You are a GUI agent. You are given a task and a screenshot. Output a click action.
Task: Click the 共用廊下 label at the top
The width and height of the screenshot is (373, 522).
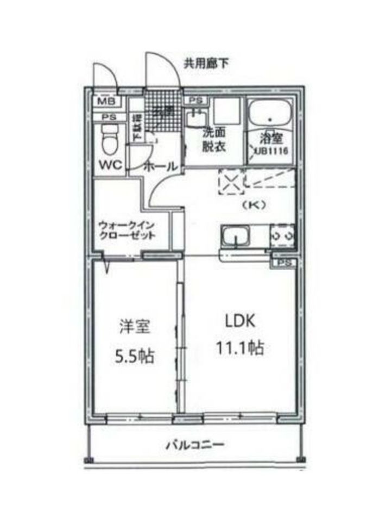coord(206,64)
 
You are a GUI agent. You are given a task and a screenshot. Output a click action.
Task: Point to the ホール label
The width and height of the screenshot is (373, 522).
coord(159,166)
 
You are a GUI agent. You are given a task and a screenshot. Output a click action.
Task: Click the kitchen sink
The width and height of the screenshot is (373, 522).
coord(235,238)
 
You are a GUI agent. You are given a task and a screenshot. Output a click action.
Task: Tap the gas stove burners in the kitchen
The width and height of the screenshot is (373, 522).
coord(283,236)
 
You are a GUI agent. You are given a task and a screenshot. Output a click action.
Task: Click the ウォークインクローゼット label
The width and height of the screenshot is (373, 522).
coord(127,231)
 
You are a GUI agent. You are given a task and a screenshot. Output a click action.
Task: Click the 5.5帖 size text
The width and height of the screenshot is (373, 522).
coord(134,357)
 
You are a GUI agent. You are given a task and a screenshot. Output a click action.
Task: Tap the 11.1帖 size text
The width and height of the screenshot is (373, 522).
coord(241,347)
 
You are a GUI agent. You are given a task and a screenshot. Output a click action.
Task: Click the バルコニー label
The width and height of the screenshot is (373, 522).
coord(195,444)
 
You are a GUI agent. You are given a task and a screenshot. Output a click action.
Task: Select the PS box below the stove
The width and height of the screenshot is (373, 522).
coord(283,262)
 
